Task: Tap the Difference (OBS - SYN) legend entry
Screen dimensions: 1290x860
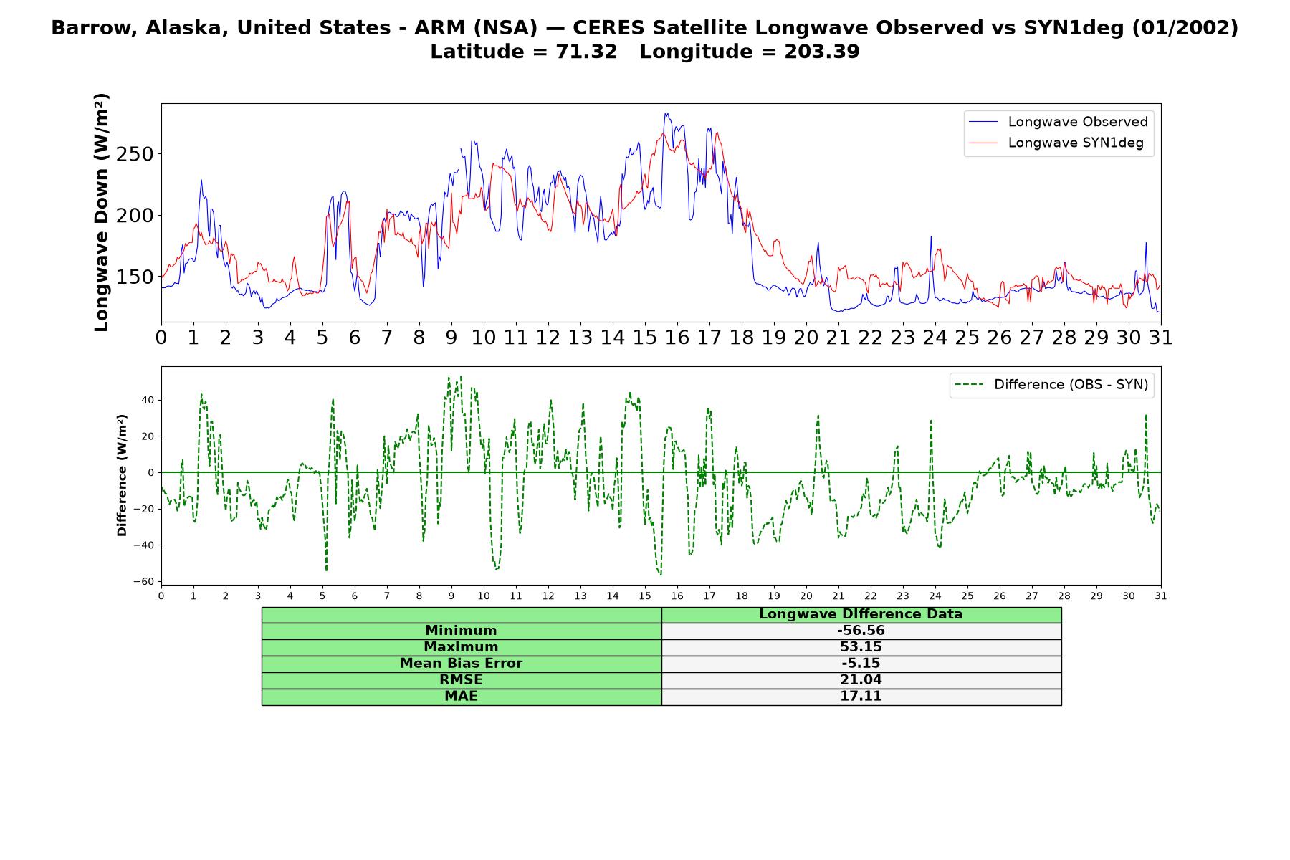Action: [1052, 385]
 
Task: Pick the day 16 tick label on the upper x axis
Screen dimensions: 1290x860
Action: [677, 338]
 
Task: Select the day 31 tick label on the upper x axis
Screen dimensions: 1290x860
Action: [1160, 338]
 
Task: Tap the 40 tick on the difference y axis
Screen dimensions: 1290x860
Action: [148, 400]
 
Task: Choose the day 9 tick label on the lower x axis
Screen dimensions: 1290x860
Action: [451, 596]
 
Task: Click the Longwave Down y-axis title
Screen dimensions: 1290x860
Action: [102, 212]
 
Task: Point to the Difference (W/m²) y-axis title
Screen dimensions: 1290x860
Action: [123, 475]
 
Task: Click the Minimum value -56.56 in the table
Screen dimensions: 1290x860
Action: [861, 631]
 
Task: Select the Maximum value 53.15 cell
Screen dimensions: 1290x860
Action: [861, 647]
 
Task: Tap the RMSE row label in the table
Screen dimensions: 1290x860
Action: [461, 680]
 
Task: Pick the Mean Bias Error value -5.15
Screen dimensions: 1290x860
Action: [861, 664]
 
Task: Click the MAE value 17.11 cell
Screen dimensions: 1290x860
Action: [861, 697]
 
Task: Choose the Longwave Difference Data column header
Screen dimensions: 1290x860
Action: [861, 614]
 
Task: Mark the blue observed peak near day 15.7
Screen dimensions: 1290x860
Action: [666, 113]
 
